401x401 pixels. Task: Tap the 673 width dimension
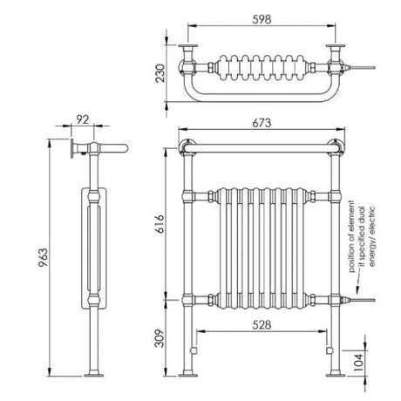coord(262,123)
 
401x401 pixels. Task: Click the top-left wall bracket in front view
coord(183,145)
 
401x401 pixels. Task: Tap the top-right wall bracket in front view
coord(338,146)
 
